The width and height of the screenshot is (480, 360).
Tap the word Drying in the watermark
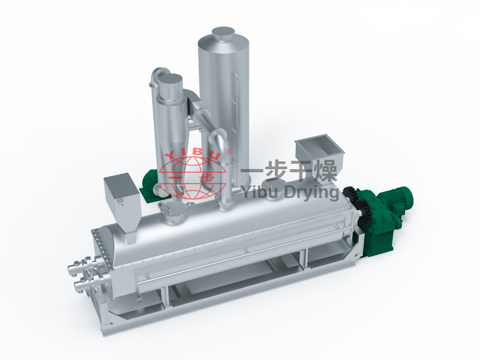[x=311, y=193]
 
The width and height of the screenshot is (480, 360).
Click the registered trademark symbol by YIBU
[x=229, y=151]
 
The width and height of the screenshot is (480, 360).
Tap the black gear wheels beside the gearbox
[x=356, y=203]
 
